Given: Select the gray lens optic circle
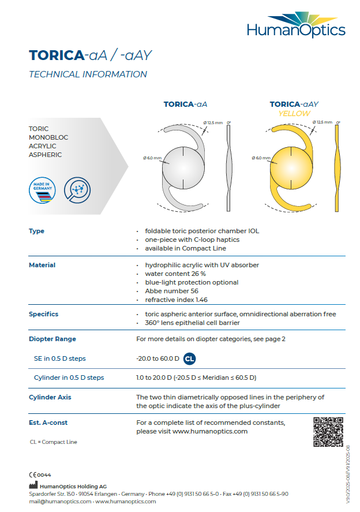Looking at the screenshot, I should [183, 168].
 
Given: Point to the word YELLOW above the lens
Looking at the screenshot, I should [294, 114].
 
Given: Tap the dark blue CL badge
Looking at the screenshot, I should [189, 358].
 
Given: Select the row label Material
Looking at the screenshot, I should [42, 265].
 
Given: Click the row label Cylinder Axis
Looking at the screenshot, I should [50, 397].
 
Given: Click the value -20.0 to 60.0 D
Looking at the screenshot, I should [157, 358].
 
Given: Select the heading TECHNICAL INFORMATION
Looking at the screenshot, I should [88, 74].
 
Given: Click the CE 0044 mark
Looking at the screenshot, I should [40, 474].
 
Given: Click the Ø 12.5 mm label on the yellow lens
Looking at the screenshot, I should [323, 122].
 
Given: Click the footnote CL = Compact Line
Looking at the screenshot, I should [53, 442].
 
